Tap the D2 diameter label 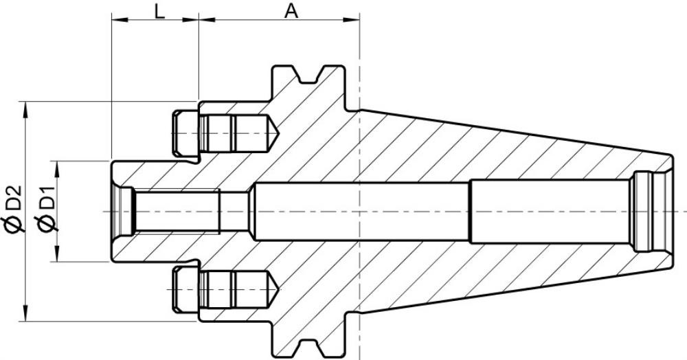pos(13,197)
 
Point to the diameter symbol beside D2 pos(13,223)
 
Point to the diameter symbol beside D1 pos(47,223)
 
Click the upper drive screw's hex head pos(185,133)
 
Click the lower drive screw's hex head pos(185,289)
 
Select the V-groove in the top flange pos(309,76)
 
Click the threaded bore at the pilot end pos(176,212)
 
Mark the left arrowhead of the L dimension pos(119,19)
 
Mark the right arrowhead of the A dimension pos(351,19)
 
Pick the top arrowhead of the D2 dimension pos(25,110)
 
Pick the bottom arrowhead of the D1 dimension pos(57,254)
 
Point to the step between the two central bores pos(470,211)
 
